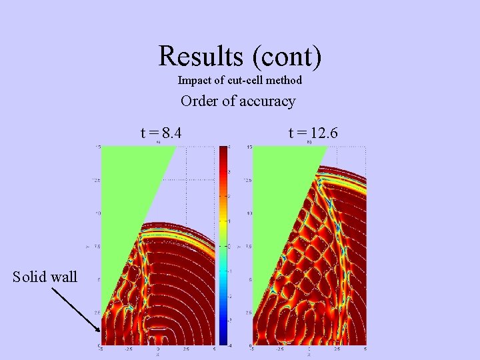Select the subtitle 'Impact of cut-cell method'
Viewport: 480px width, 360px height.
240,80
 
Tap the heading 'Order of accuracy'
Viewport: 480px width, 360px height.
238,101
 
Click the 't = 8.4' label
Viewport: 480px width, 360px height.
161,133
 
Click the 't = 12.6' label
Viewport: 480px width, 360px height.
313,133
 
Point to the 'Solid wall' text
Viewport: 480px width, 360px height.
45,277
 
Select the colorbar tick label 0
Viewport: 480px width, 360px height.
229,246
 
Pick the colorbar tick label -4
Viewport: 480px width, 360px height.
229,345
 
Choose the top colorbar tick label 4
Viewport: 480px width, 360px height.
229,147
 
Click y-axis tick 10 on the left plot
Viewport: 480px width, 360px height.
97,213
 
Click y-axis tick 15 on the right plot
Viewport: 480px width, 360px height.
249,147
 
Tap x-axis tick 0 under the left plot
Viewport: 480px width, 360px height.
158,349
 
